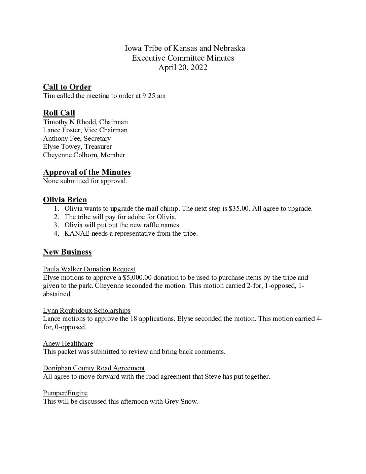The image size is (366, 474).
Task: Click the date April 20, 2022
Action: point(183,68)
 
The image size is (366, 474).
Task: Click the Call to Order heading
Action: point(67,87)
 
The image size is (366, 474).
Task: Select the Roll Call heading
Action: point(59,113)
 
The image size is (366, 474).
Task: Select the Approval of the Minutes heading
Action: point(87,172)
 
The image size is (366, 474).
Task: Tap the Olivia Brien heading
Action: point(65,200)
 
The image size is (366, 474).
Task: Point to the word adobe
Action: point(125,217)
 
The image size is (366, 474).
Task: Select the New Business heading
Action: point(67,252)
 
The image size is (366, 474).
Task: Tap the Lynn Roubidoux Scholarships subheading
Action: point(86,310)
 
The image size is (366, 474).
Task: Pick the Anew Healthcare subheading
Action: point(68,343)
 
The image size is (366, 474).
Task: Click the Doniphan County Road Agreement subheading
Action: point(94,368)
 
